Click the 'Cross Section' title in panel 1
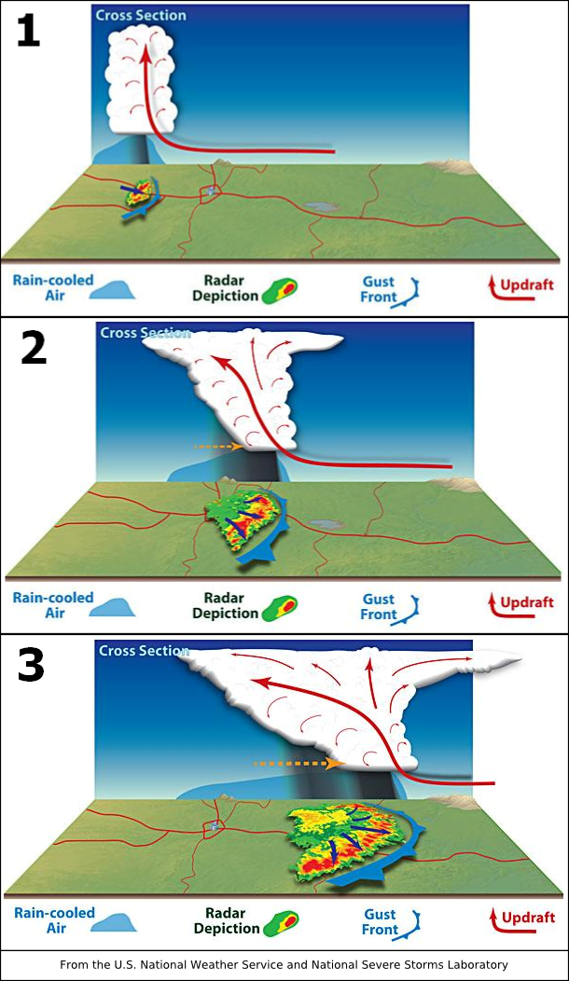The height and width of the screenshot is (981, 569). (x=141, y=15)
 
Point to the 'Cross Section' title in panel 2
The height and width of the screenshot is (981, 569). (x=146, y=333)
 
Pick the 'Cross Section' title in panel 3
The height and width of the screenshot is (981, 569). (x=145, y=651)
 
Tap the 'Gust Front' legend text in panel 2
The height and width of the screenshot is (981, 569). (x=379, y=606)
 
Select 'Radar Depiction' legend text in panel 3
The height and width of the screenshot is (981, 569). (x=227, y=920)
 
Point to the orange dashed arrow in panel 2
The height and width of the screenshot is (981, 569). (x=218, y=447)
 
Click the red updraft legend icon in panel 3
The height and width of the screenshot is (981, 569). (x=492, y=920)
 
